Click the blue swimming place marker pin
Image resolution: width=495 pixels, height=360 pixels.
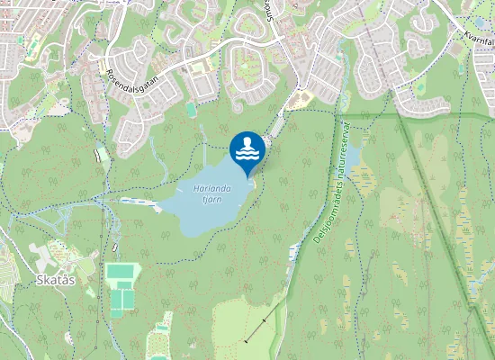(x=247, y=149)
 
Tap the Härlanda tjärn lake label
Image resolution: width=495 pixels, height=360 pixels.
(x=212, y=194)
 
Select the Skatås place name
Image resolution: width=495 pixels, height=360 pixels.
(x=54, y=279)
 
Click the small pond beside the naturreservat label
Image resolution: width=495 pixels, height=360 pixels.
(x=353, y=158)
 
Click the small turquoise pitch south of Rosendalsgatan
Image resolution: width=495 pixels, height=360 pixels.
(x=191, y=109)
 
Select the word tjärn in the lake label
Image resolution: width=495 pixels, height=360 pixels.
(x=211, y=202)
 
